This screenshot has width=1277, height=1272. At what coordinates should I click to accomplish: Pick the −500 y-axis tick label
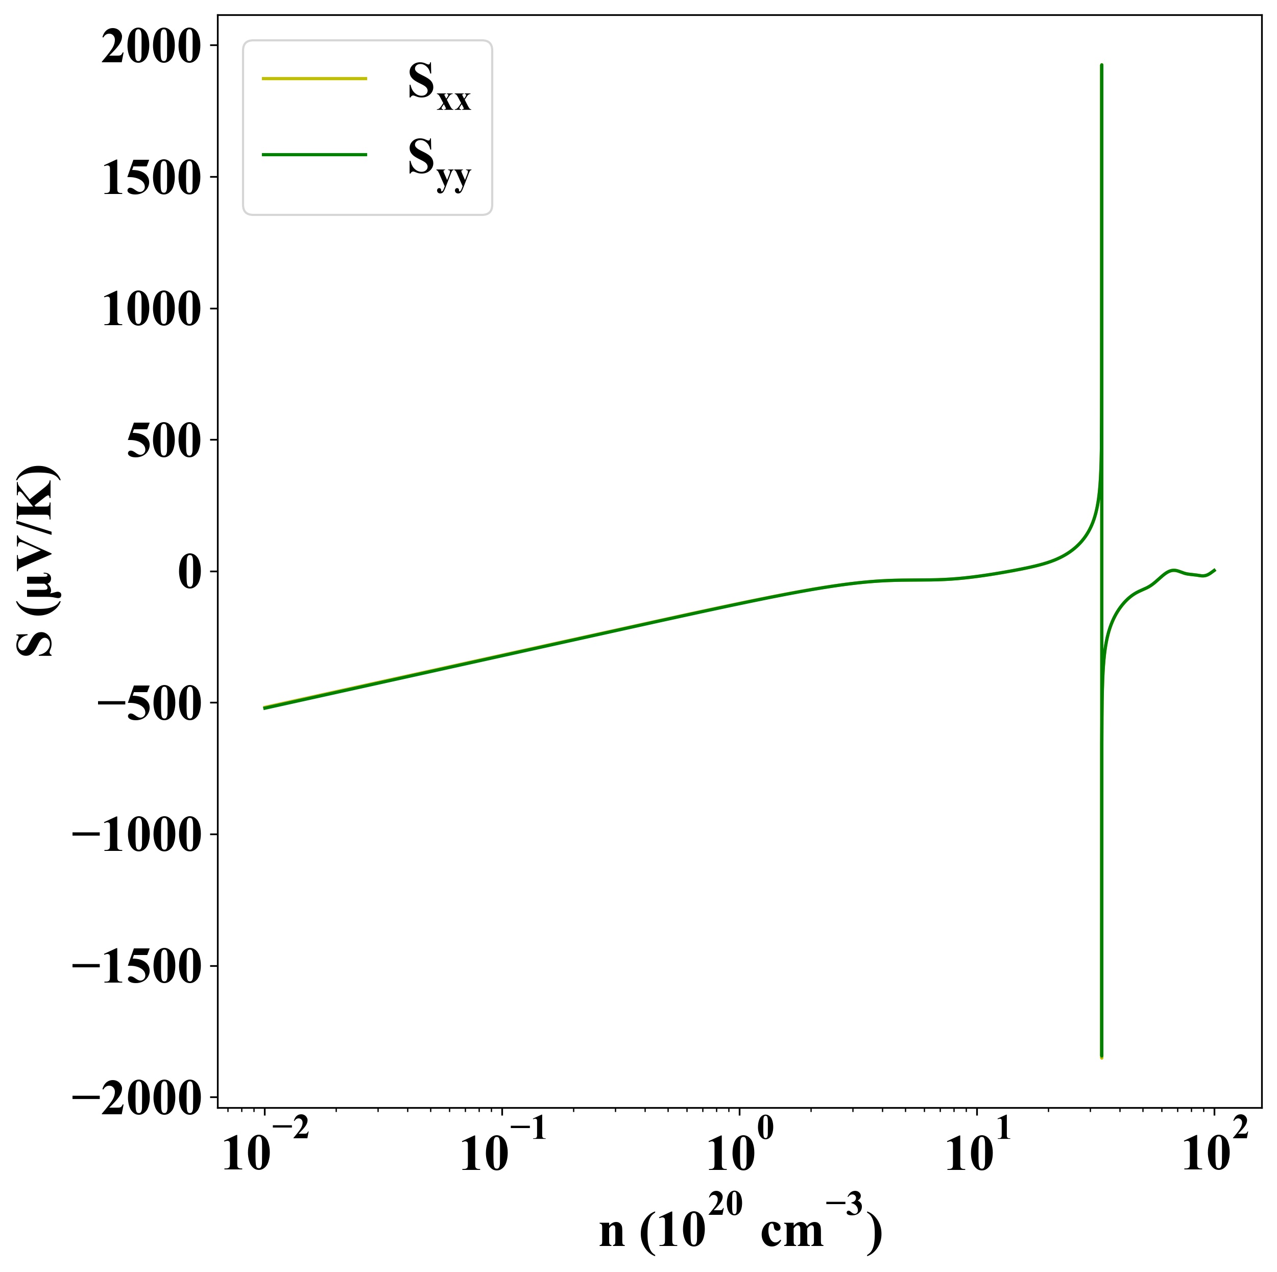(148, 703)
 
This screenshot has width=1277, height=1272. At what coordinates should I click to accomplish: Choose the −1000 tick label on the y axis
(135, 835)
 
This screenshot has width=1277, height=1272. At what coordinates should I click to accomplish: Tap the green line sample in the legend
(314, 155)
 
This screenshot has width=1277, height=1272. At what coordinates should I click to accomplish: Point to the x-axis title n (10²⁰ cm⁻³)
(740, 1227)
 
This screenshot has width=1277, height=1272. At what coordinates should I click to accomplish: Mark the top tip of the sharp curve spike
(1101, 65)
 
